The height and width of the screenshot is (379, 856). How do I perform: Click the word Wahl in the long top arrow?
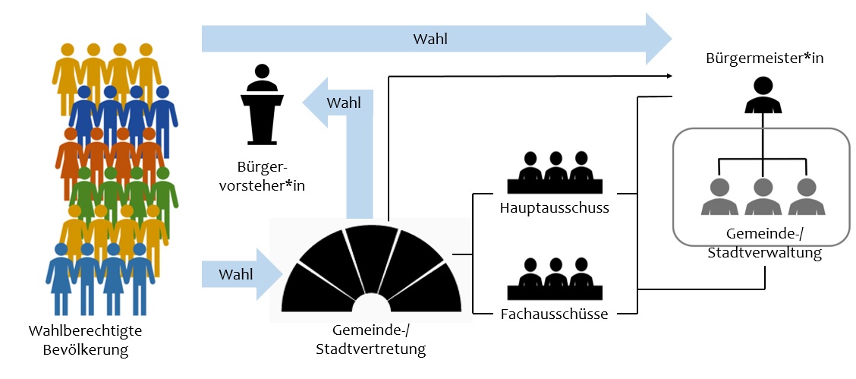pos(430,39)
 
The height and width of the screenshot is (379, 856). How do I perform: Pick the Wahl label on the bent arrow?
pos(343,103)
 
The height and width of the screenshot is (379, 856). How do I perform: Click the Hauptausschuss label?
pos(555,207)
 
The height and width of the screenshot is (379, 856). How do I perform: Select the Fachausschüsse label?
pos(554,314)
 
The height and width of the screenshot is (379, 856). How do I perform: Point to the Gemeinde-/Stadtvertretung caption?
pos(370,340)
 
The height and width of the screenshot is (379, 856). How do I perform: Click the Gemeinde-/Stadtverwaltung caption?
pos(764,245)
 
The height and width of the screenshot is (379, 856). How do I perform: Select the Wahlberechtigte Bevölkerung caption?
pos(85,340)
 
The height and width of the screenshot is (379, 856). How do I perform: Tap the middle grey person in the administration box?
pos(763,197)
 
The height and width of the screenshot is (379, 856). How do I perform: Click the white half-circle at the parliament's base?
pos(371,304)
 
